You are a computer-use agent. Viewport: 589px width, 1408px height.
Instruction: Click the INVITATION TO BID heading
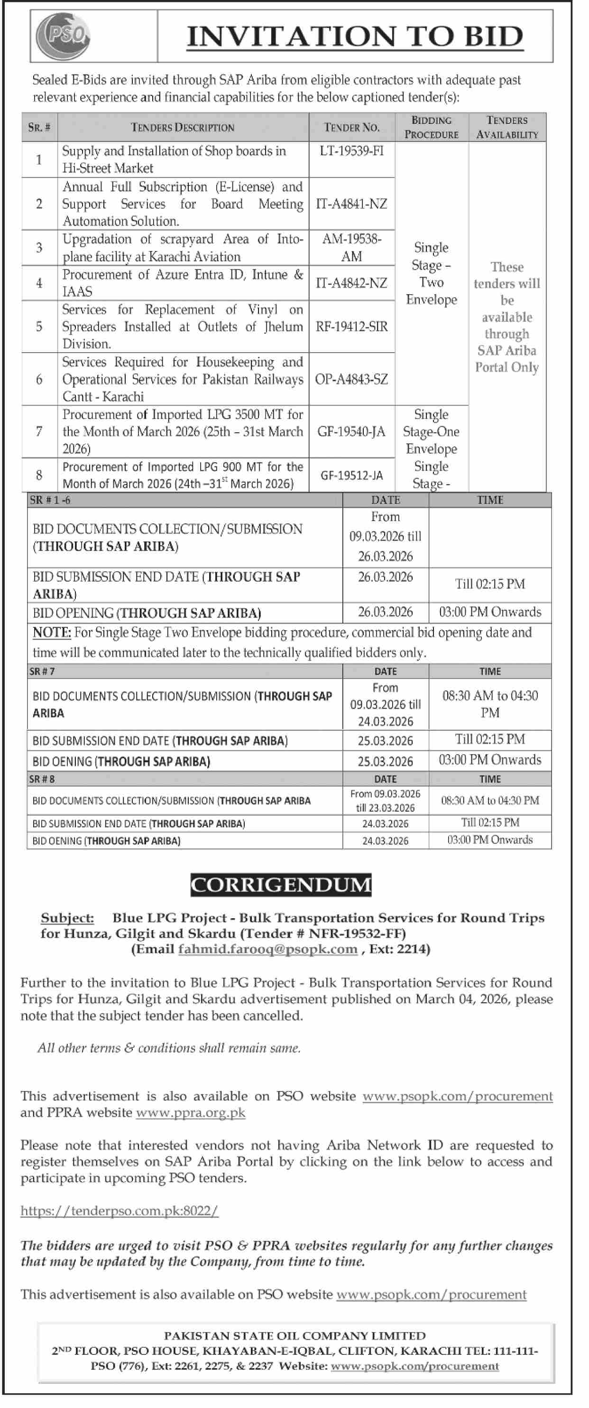355,37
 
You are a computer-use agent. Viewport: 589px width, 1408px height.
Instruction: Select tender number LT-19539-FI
351,151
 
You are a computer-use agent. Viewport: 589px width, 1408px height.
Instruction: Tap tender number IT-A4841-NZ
351,204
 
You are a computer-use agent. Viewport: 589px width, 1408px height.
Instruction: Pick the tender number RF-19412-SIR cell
351,326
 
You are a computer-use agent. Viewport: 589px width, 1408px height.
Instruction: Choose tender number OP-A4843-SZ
351,379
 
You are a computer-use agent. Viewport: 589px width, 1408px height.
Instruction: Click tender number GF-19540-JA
351,432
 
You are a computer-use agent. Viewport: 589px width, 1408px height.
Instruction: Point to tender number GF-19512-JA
351,476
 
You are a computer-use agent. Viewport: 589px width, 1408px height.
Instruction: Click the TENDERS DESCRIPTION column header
183,127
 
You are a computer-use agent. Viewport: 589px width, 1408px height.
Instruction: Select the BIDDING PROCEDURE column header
431,127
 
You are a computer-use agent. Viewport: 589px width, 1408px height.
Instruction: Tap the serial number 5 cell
39,326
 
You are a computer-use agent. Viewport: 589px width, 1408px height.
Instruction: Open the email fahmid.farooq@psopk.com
268,949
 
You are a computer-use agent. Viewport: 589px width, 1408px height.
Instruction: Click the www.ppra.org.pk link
191,1112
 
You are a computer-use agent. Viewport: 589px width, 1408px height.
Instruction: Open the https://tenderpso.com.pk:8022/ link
119,1211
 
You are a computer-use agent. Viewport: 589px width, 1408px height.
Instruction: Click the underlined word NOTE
51,633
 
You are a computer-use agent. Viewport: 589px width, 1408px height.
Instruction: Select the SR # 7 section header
42,671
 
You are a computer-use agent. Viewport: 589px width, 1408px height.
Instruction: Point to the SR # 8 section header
42,779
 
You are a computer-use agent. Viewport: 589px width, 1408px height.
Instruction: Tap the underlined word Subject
67,918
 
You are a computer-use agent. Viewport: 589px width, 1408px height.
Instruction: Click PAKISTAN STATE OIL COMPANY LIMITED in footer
294,1335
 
